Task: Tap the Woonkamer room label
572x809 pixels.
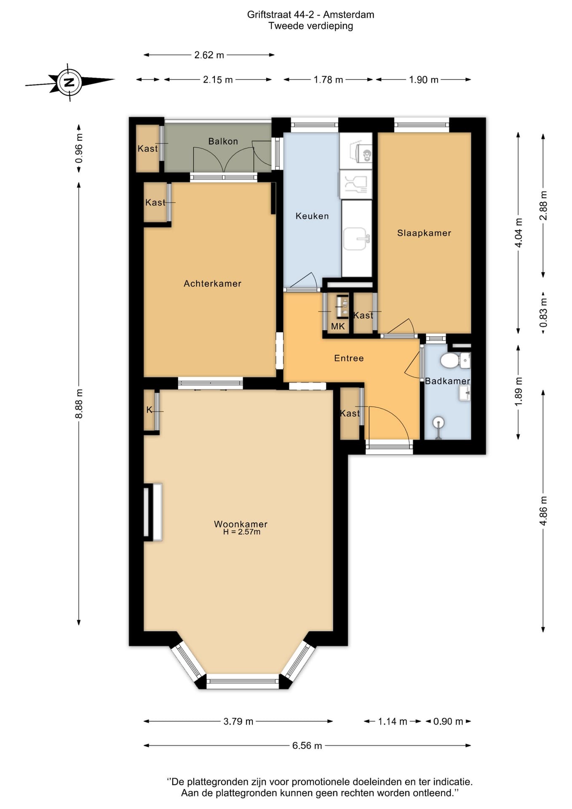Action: (241, 524)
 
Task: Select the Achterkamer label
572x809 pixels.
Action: (212, 284)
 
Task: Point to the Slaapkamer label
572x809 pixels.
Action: (424, 233)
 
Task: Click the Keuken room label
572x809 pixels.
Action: (312, 216)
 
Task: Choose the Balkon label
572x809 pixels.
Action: (223, 141)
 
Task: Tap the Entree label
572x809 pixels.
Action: (349, 358)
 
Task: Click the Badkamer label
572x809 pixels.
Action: (447, 381)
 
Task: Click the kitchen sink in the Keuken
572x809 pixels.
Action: (356, 239)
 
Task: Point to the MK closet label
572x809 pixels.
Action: (338, 326)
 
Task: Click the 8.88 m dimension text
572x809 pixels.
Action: (79, 404)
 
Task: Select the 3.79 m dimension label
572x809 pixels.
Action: (238, 721)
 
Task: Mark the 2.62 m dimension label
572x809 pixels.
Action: (209, 55)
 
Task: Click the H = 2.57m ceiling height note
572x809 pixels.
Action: (242, 532)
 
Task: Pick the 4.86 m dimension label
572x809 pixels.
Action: (543, 511)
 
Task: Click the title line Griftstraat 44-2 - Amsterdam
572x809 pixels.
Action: (311, 15)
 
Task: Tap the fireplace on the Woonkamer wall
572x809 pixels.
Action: (153, 512)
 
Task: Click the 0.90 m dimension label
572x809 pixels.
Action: (448, 721)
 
